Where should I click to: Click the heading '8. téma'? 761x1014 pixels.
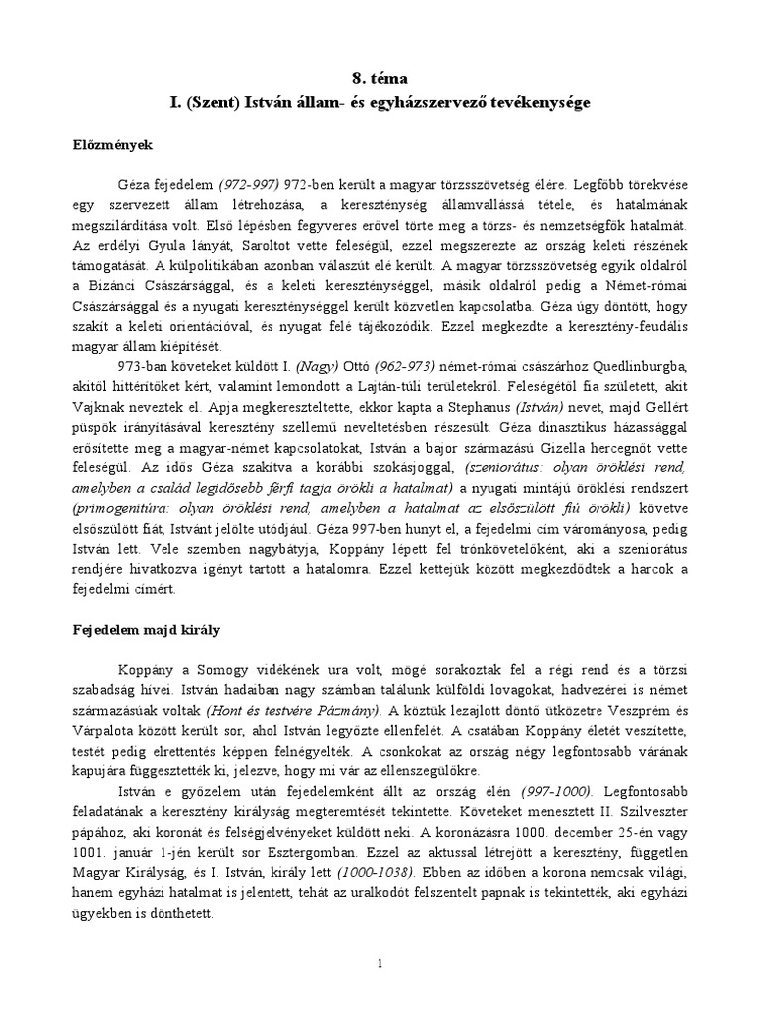380,76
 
